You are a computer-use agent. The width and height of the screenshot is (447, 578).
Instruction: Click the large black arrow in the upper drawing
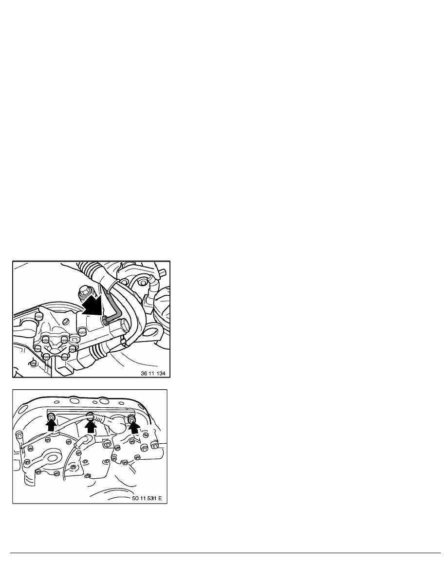pyautogui.click(x=92, y=305)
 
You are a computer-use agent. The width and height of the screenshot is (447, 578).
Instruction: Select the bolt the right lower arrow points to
pyautogui.click(x=131, y=418)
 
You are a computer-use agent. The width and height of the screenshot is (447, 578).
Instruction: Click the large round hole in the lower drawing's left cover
pyautogui.click(x=51, y=459)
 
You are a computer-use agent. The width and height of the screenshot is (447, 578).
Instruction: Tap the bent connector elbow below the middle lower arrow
pyautogui.click(x=82, y=441)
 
